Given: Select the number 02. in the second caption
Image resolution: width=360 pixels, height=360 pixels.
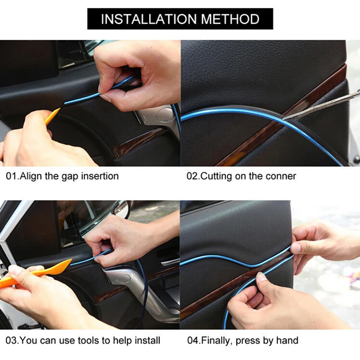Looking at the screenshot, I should [193, 176].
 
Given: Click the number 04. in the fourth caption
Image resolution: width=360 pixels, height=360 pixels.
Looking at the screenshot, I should [193, 340].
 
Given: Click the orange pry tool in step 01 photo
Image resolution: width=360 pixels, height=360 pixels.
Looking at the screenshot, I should [52, 116].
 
